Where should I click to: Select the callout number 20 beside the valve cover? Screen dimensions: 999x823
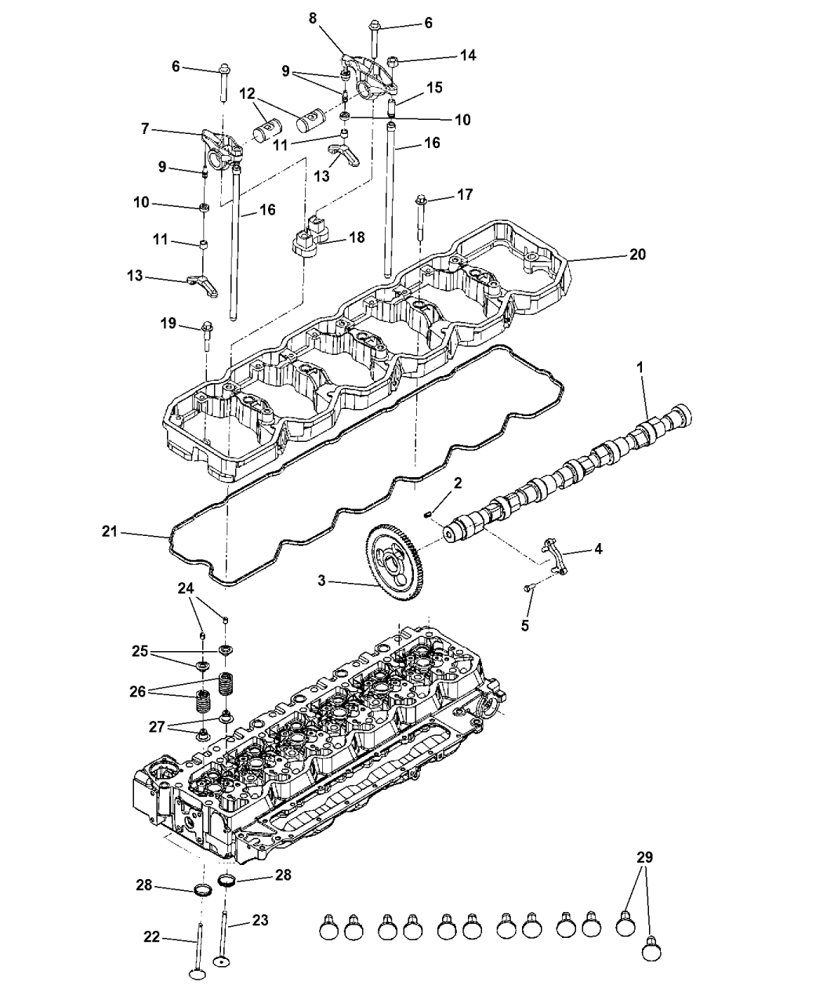[x=637, y=255]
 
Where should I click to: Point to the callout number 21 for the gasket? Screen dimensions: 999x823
[x=110, y=532]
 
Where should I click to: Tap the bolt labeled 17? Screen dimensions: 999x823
[x=421, y=206]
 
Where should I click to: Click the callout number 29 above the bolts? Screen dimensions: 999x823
[x=644, y=857]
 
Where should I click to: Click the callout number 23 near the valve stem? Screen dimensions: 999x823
[x=259, y=920]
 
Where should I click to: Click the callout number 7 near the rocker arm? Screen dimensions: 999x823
[x=145, y=128]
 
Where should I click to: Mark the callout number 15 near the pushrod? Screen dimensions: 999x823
[x=434, y=87]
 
